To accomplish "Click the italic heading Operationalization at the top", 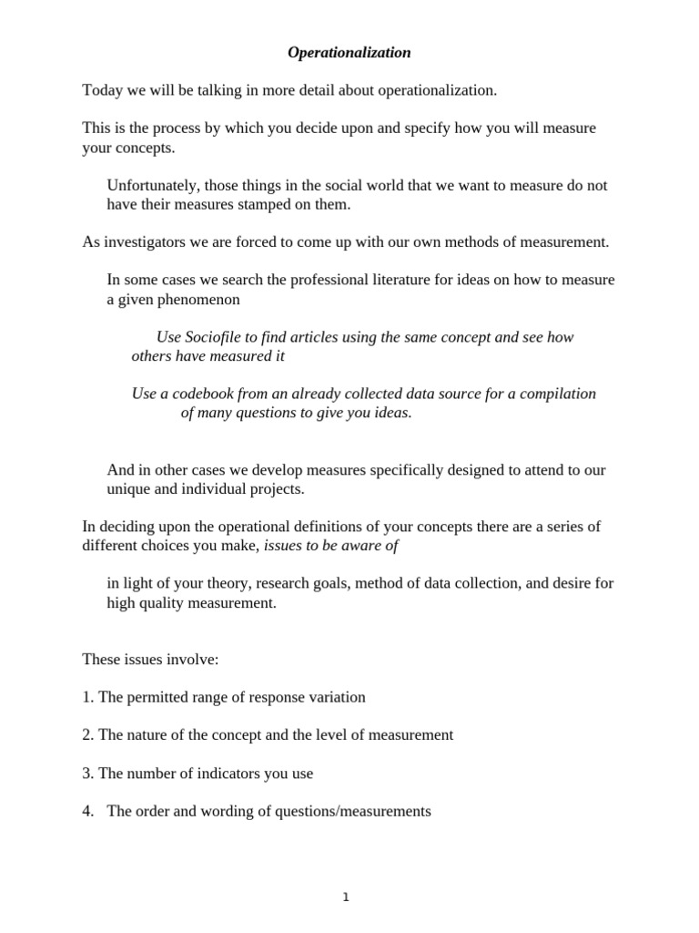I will (349, 53).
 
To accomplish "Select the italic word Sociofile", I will (215, 337).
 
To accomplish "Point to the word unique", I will (128, 488).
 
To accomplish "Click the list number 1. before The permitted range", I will (87, 697).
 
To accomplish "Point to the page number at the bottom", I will (346, 897).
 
